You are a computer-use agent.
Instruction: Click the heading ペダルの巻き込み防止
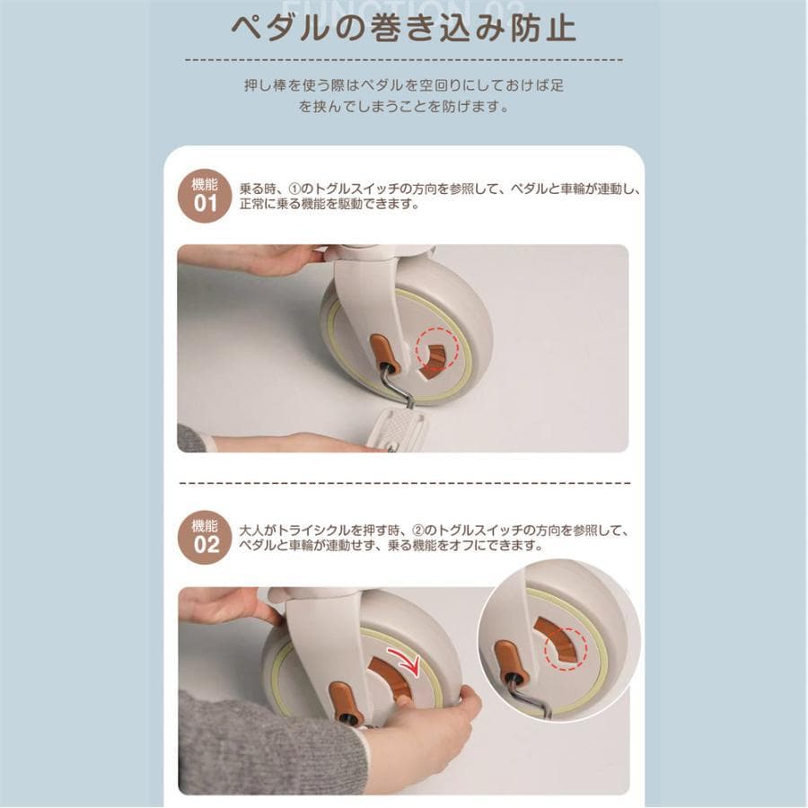403,27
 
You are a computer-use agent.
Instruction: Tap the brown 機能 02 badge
206,537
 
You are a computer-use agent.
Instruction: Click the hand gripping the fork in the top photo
269,259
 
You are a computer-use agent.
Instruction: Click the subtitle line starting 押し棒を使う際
403,86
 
